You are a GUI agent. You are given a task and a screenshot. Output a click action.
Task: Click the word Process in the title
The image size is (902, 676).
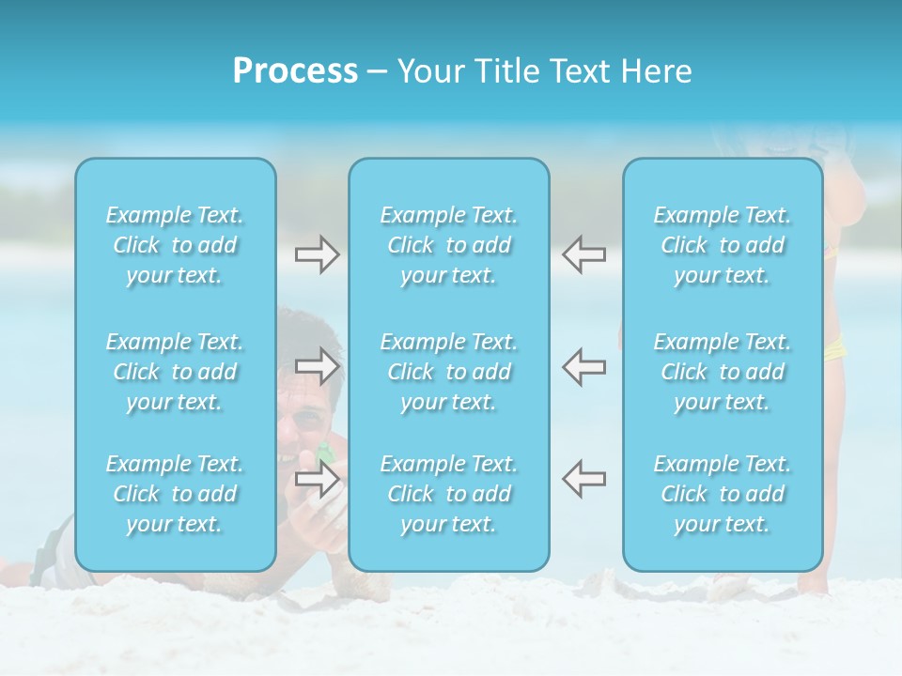click(295, 71)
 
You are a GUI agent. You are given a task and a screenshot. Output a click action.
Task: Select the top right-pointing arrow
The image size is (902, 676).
click(317, 254)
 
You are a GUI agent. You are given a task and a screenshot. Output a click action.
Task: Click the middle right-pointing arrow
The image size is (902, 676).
click(317, 365)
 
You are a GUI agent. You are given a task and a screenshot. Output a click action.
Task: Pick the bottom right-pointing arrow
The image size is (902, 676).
click(317, 479)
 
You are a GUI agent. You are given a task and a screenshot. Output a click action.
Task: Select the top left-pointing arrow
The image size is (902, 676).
click(584, 254)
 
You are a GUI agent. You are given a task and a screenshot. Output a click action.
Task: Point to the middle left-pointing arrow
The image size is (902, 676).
click(584, 365)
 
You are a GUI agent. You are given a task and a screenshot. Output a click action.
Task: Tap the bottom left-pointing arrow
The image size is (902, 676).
click(584, 478)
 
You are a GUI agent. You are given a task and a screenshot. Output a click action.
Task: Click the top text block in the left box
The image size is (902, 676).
click(175, 245)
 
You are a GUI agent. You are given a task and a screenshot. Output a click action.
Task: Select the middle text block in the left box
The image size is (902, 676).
click(175, 372)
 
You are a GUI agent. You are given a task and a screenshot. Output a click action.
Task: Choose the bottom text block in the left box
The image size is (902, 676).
click(175, 494)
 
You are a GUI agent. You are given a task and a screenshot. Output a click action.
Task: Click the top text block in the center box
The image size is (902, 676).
click(449, 245)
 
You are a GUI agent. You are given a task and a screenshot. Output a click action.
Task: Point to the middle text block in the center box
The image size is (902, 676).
click(449, 372)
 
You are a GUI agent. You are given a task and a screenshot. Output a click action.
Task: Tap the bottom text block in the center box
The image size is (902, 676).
click(449, 494)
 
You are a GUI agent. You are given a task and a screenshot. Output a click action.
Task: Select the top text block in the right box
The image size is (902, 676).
click(723, 245)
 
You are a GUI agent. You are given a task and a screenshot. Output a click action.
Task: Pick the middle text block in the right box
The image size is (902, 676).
click(723, 372)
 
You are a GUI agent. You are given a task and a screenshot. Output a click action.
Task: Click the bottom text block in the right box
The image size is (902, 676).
click(723, 494)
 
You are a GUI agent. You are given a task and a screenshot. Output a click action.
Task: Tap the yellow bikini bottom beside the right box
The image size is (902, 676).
click(834, 349)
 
